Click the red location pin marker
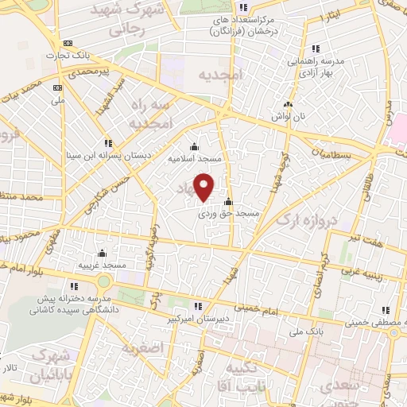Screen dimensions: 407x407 pyautogui.click(x=205, y=188)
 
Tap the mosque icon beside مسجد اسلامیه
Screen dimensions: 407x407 pyautogui.click(x=195, y=147)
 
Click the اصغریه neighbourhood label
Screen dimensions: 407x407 pyautogui.click(x=143, y=347)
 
